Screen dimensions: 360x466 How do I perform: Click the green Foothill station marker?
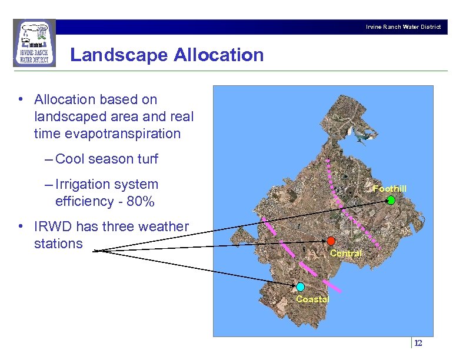(x=391, y=200)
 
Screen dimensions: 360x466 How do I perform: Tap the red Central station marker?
(x=331, y=241)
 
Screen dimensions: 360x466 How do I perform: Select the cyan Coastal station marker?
(x=300, y=287)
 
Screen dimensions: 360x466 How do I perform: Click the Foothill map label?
(x=390, y=189)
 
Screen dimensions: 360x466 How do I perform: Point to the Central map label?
(x=346, y=254)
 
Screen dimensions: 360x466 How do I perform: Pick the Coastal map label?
(x=312, y=299)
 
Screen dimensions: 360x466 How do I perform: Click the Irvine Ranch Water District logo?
(x=34, y=43)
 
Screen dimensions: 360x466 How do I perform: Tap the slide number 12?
(x=418, y=344)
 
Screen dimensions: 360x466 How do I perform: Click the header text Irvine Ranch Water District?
(x=403, y=27)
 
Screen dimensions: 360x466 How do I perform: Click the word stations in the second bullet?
(x=58, y=244)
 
